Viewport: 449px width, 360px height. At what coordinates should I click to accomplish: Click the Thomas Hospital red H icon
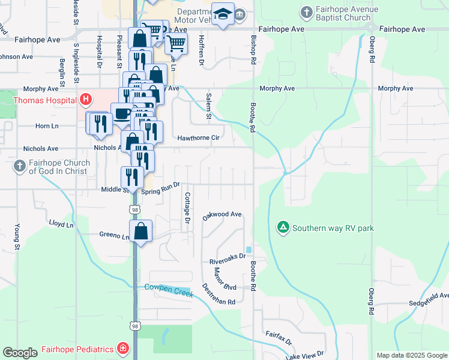tap(86, 99)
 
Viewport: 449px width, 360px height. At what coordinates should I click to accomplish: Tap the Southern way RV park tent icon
tap(283, 227)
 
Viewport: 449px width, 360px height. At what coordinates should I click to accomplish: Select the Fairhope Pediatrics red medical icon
tap(122, 349)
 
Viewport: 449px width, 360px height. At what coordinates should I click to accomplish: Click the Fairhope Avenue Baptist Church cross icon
tap(307, 11)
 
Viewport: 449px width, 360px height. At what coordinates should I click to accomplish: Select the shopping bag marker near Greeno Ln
tap(140, 231)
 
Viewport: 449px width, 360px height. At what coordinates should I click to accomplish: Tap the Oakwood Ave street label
tap(221, 215)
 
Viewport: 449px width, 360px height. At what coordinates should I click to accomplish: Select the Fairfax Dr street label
tap(279, 338)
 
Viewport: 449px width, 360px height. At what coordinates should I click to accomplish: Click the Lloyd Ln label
tap(61, 223)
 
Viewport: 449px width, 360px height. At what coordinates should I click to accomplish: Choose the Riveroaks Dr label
tap(228, 259)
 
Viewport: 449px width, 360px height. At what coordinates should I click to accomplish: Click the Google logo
tap(20, 353)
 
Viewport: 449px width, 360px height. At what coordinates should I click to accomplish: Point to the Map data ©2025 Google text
tap(411, 355)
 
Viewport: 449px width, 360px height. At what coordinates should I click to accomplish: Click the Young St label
tap(17, 237)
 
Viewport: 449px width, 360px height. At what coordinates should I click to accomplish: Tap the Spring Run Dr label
tap(161, 188)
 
